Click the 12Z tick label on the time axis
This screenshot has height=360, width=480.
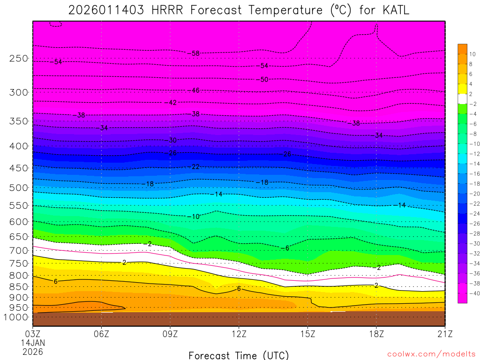[x=239, y=335]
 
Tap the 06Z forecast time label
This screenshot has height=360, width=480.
[x=102, y=335]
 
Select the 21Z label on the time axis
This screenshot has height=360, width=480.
[x=444, y=335]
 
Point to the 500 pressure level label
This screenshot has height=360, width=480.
[x=19, y=188]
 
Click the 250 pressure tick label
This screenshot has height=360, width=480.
[x=19, y=59]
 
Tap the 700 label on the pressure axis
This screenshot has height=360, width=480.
[x=19, y=251]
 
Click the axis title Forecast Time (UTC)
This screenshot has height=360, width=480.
[x=239, y=355]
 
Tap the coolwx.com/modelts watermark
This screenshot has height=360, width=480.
[x=431, y=354]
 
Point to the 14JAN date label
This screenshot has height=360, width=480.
[x=32, y=343]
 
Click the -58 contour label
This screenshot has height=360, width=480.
[x=194, y=53]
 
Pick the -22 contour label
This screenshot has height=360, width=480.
[x=194, y=167]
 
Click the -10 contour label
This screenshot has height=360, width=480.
[x=194, y=217]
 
